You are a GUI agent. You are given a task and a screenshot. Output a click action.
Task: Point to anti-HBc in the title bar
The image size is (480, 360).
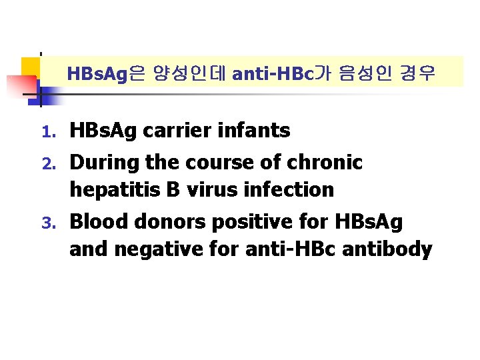271,73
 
